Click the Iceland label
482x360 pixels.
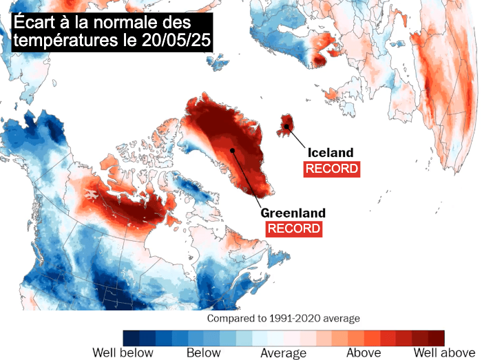(x=331, y=153)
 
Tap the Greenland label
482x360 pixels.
(x=293, y=213)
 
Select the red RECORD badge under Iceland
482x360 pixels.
(x=332, y=169)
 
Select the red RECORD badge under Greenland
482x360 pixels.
(x=294, y=229)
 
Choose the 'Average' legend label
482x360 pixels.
(x=283, y=353)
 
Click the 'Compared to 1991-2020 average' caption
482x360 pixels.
(x=284, y=319)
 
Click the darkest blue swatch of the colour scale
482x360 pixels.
(x=131, y=337)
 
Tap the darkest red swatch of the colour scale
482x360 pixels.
(x=436, y=337)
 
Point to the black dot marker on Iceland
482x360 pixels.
(x=286, y=127)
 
